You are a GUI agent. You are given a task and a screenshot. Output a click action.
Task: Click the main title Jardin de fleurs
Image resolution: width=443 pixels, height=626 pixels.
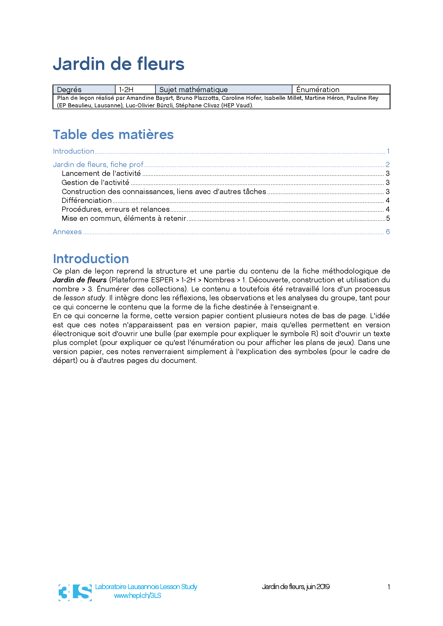tap(118, 64)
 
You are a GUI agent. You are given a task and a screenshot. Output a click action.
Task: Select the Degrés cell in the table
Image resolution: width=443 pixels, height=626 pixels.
tap(84, 89)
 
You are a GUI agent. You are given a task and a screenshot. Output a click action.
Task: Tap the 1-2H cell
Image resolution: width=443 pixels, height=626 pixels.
tap(135, 89)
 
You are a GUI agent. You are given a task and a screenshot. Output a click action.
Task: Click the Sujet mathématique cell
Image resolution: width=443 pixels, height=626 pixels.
tap(223, 89)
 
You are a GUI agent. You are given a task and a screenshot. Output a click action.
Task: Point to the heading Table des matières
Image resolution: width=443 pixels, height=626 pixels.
tap(113, 135)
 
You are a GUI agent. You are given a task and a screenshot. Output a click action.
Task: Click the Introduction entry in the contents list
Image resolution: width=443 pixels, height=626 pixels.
tap(73, 151)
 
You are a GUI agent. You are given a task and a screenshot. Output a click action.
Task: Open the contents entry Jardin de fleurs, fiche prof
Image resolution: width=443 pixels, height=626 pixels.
tap(98, 164)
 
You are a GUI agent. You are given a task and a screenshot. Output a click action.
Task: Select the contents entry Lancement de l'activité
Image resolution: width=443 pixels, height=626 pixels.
tap(101, 173)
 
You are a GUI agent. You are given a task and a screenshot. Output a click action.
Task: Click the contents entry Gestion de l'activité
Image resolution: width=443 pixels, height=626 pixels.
tap(95, 183)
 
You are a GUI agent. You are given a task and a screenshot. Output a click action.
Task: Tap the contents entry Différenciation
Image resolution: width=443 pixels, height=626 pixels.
tap(87, 200)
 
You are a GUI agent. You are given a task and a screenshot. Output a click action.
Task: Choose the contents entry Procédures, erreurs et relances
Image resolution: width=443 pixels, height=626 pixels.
tap(116, 209)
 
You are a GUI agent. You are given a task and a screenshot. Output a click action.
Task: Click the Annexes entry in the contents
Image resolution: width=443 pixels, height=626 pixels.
tap(67, 232)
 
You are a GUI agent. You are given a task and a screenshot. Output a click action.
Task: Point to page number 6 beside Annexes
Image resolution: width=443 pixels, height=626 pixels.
tap(387, 232)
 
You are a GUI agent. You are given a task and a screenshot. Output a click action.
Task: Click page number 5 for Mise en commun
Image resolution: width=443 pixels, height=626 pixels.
tap(388, 218)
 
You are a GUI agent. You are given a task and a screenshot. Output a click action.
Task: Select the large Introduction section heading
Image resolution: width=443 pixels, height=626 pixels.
tap(91, 259)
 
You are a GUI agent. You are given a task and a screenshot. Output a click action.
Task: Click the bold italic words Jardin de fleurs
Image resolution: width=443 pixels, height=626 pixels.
tap(80, 280)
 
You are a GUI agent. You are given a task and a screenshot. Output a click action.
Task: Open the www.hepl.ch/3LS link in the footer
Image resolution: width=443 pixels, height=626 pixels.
tap(137, 595)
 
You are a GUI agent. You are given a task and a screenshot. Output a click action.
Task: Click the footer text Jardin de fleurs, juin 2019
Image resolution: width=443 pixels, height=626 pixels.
tap(296, 587)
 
